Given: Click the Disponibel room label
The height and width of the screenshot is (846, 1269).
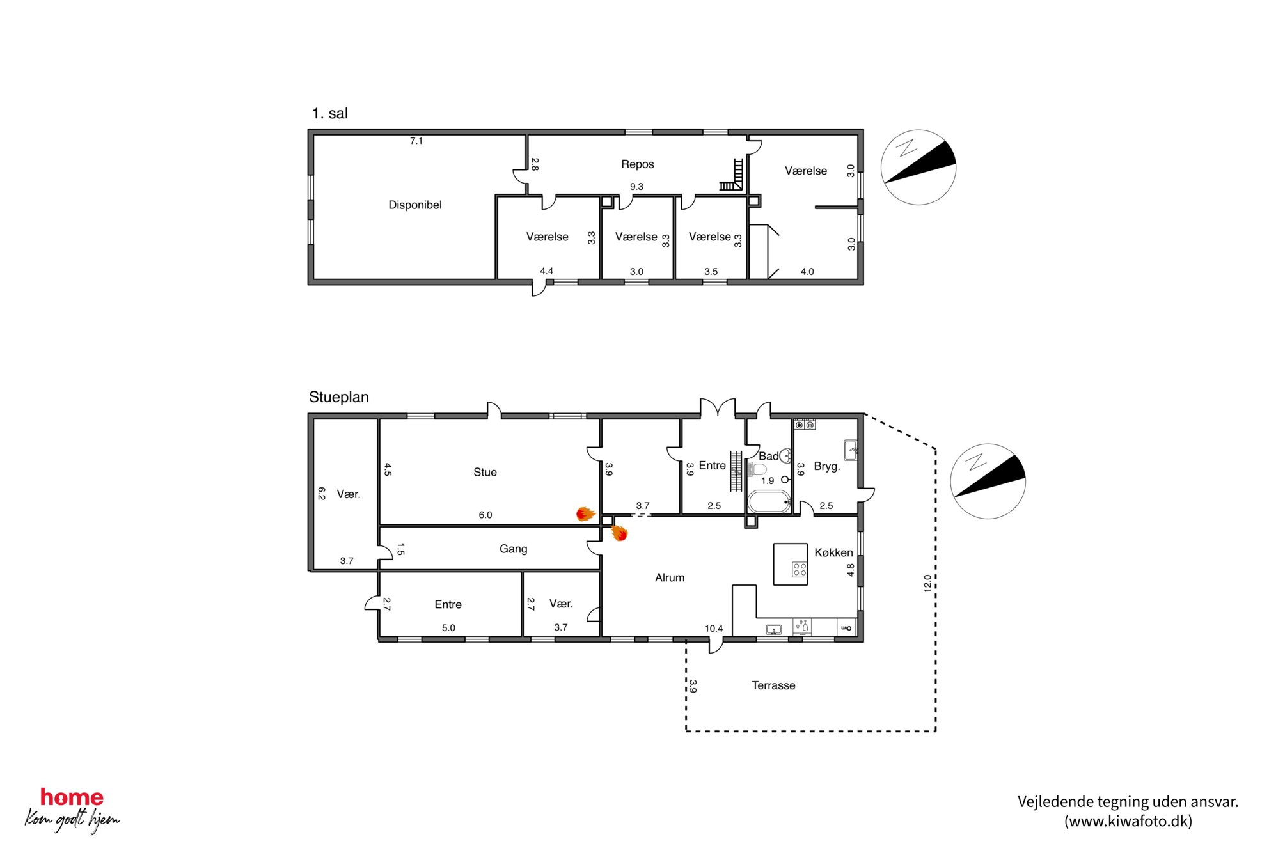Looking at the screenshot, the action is click(415, 205).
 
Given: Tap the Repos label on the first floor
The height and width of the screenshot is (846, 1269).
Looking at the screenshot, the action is click(637, 164).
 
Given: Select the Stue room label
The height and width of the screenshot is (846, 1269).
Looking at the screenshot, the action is click(485, 472).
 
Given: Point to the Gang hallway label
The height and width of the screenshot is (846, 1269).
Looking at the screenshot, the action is click(513, 549).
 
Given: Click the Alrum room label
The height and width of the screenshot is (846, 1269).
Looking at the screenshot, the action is click(670, 577).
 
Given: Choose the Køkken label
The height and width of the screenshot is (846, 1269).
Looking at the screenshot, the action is click(833, 552).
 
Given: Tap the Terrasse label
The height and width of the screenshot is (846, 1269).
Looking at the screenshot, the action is click(773, 685).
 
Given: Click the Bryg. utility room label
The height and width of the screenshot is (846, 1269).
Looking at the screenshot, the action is click(826, 466).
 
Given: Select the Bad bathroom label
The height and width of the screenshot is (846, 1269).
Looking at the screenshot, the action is click(768, 456).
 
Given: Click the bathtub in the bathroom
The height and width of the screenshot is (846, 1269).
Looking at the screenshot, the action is click(769, 501).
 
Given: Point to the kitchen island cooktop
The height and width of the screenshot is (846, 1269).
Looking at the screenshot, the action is click(800, 569).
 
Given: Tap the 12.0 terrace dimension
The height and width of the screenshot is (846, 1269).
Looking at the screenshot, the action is click(927, 583).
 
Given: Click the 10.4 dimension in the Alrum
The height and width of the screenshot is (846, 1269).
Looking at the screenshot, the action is click(714, 629).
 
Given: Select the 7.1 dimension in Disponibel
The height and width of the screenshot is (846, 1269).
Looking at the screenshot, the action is click(416, 141).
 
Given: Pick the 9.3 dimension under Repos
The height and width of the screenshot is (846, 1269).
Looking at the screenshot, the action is click(636, 187).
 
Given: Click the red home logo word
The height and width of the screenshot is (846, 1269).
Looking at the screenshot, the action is click(72, 797).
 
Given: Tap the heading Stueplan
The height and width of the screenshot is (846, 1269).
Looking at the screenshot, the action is click(339, 397).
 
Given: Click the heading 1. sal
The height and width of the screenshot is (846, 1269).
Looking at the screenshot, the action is click(330, 113).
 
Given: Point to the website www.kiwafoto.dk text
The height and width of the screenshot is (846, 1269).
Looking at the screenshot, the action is click(1128, 821).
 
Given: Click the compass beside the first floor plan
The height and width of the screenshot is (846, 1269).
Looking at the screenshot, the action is click(918, 168).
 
